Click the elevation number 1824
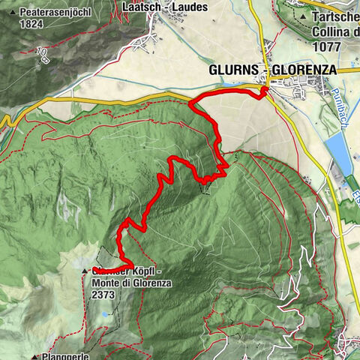click(x=32, y=23)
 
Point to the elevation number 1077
click(x=331, y=45)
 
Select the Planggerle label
click(x=68, y=356)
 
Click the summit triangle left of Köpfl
click(x=85, y=271)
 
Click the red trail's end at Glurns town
click(x=265, y=92)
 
